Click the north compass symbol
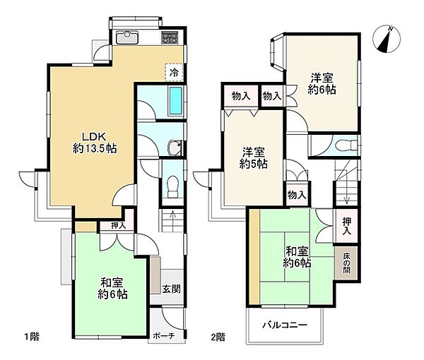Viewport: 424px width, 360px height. pos(386,40)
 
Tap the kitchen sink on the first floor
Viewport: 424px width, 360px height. pos(127,37)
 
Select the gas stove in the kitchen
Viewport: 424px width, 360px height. pos(170,37)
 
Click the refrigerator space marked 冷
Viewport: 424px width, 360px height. pos(174,72)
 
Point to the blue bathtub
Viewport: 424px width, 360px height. pos(175,101)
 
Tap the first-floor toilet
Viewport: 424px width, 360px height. pos(172,187)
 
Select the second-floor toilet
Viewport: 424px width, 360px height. pos(346,145)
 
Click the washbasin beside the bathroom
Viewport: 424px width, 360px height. pos(175,148)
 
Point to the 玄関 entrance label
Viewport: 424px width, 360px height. pos(172,289)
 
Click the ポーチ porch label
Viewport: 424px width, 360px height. pos(164,336)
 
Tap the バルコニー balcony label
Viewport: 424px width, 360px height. pos(285,325)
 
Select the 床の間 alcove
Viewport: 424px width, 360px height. pos(346,263)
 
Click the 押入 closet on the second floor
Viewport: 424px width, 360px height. pos(347,226)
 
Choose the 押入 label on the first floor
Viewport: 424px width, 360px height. pos(119,226)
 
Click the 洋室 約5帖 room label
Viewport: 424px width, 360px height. pos(254,158)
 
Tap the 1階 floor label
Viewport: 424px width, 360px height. pos(32,337)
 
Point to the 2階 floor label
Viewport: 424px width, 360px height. pos(218,337)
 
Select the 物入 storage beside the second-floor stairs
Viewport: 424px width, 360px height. pos(297,195)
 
